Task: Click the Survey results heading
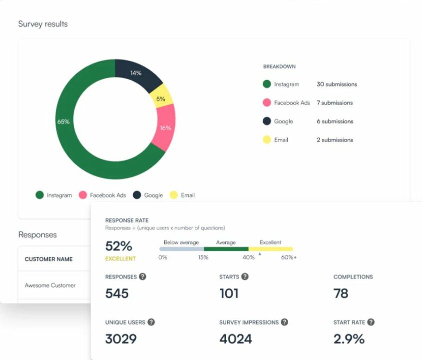[x=43, y=24]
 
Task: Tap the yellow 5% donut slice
[x=161, y=98]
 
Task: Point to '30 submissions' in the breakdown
[x=337, y=84]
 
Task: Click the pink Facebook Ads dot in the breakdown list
[x=267, y=103]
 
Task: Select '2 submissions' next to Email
[x=335, y=140]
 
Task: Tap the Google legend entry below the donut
[x=148, y=195]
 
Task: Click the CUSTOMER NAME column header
[x=48, y=259]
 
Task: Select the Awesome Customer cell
[x=50, y=285]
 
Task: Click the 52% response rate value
[x=118, y=246]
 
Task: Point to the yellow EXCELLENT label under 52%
[x=120, y=258]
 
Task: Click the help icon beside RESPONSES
[x=142, y=276]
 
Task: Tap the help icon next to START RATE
[x=371, y=322]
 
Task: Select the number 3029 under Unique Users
[x=121, y=338]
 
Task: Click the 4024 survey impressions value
[x=235, y=338]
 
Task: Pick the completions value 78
[x=341, y=293]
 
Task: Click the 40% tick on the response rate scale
[x=248, y=257]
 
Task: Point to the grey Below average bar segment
[x=181, y=248]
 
